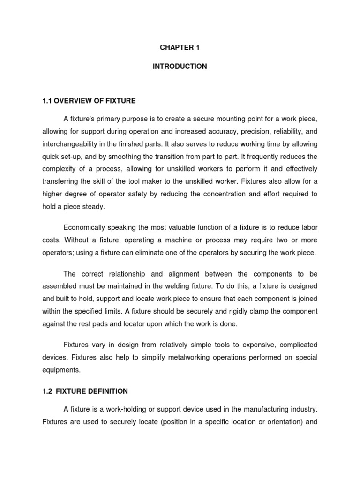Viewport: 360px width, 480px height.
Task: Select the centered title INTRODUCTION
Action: click(x=180, y=67)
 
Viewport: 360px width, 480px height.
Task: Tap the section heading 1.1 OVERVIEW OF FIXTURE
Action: click(x=89, y=100)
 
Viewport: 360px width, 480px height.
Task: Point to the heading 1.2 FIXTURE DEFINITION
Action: click(x=85, y=391)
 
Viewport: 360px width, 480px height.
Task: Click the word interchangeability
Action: click(x=72, y=143)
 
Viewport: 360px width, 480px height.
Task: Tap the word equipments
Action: click(x=61, y=369)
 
